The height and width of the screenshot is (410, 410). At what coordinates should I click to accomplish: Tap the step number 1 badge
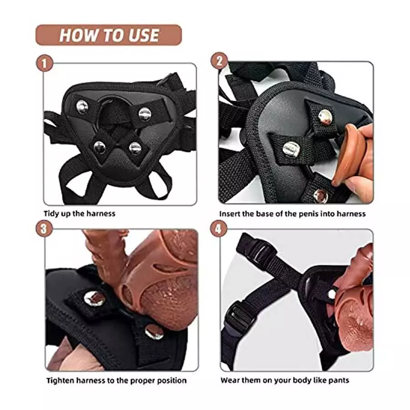point(44,63)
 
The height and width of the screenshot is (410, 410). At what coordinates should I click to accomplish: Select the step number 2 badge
point(219,61)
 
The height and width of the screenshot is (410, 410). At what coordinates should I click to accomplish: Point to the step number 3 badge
point(44,228)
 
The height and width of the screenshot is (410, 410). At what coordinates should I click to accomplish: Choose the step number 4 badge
point(219,229)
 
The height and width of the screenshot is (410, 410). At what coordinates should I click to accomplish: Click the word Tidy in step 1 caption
point(51,213)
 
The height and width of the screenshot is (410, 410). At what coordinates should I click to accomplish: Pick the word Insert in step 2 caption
point(231,213)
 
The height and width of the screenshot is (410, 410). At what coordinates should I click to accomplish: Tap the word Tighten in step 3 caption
point(61,380)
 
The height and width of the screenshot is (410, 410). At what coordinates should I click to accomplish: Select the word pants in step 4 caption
point(339,380)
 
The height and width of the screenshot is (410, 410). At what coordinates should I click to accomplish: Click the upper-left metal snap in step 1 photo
point(82,108)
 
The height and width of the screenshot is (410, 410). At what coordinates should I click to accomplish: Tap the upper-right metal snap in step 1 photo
point(145,114)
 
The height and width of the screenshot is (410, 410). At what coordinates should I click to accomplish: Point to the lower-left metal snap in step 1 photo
point(100,147)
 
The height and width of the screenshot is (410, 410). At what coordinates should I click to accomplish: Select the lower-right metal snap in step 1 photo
point(135,148)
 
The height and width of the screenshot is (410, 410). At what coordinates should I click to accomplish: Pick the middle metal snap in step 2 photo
point(292,149)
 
